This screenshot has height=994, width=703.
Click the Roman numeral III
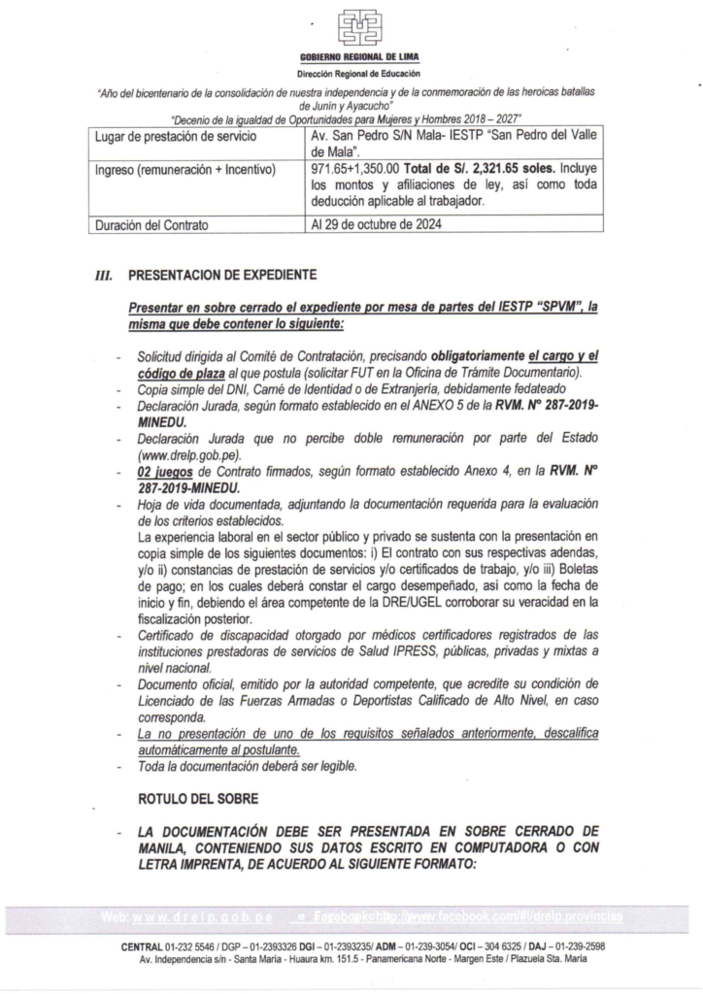(102, 276)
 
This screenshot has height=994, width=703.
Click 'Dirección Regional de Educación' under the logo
(351, 75)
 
